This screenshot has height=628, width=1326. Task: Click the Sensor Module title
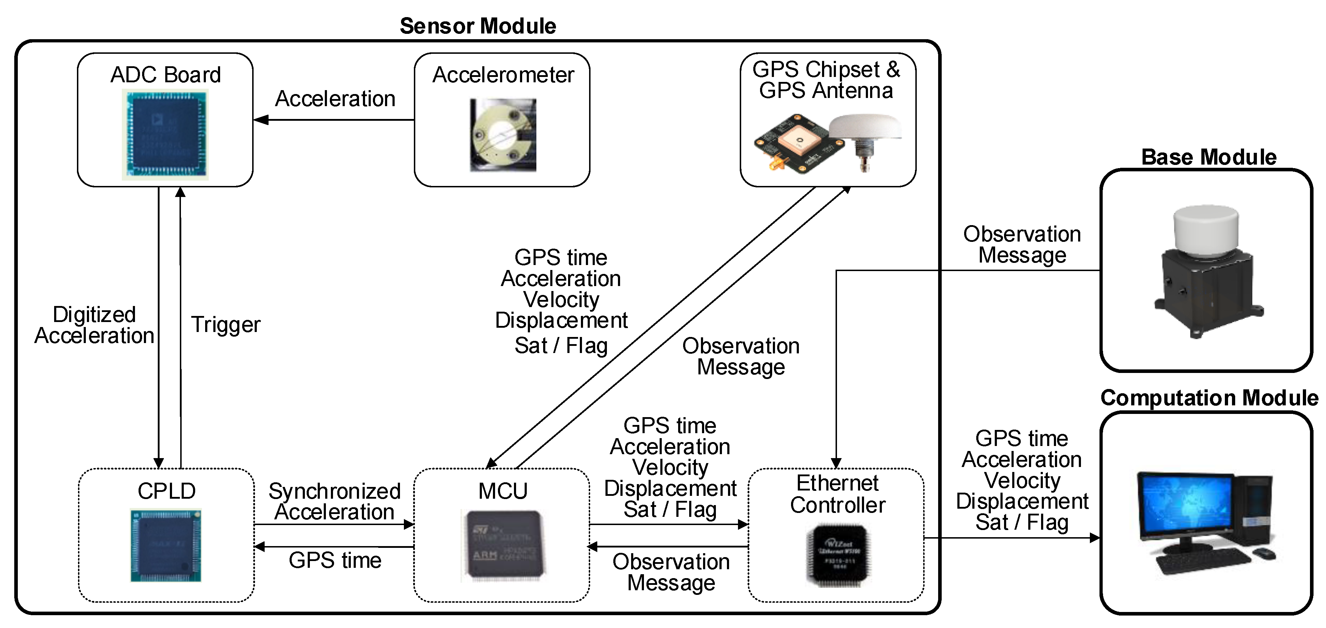point(478,26)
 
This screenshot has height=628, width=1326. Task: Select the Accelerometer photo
point(503,135)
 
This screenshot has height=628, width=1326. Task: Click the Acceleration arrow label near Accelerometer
point(335,99)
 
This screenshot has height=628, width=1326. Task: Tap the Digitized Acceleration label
point(94,325)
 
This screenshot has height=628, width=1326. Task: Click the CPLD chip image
point(166,546)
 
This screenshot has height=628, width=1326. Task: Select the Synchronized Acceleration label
point(334,502)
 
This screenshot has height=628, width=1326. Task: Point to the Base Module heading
point(1208,157)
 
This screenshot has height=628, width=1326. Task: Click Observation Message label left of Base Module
point(1022,244)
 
